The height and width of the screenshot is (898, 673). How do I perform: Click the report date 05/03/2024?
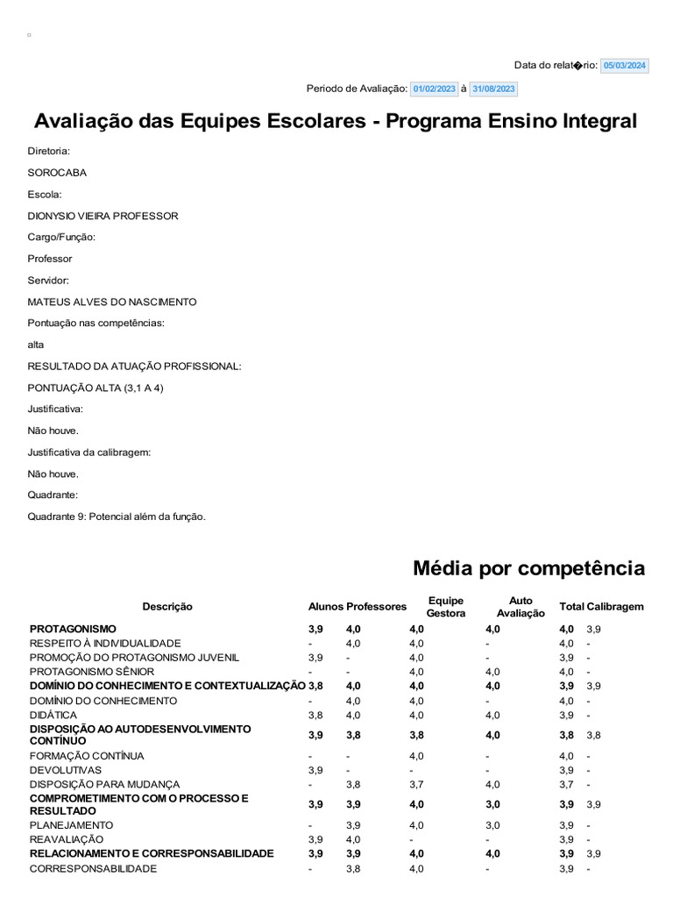click(x=625, y=66)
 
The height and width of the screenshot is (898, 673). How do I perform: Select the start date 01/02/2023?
click(x=435, y=89)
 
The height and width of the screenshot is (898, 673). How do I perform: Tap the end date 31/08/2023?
click(x=494, y=89)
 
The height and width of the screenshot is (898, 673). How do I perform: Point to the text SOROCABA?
click(x=57, y=173)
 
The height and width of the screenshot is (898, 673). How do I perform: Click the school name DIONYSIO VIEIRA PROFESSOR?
click(x=103, y=216)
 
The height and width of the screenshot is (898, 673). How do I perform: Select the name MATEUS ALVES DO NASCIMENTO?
click(x=112, y=302)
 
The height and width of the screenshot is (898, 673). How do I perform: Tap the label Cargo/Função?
click(x=61, y=237)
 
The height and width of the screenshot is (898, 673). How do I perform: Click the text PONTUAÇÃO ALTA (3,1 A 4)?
click(x=96, y=388)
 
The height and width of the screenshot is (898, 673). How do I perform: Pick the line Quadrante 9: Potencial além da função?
click(x=117, y=517)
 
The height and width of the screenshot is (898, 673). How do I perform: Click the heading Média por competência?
click(x=528, y=568)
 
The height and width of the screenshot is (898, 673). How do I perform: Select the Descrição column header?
click(x=167, y=607)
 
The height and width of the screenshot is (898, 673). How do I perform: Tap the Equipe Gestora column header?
click(x=445, y=607)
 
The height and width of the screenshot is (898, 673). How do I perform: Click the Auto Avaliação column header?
click(x=521, y=607)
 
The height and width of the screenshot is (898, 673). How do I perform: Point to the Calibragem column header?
click(x=615, y=607)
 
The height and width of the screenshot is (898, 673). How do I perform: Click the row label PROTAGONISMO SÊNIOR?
click(x=92, y=672)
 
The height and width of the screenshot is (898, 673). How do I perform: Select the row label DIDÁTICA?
click(x=53, y=716)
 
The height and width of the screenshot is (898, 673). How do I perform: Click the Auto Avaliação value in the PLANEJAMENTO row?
click(x=492, y=825)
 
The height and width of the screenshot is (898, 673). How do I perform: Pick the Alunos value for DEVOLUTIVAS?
click(x=315, y=770)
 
